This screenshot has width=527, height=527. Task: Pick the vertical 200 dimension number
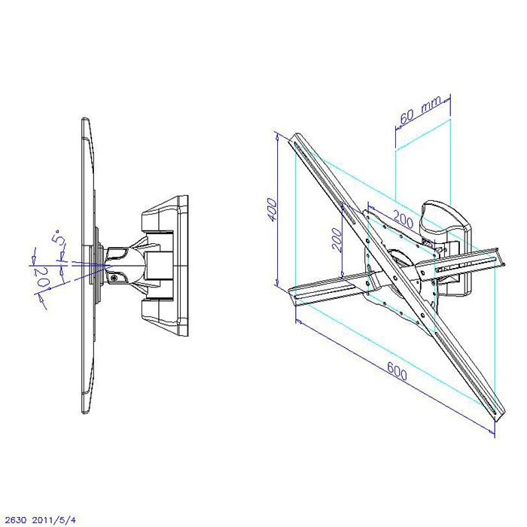pos(338,239)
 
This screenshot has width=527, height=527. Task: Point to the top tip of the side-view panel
pos(85,120)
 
